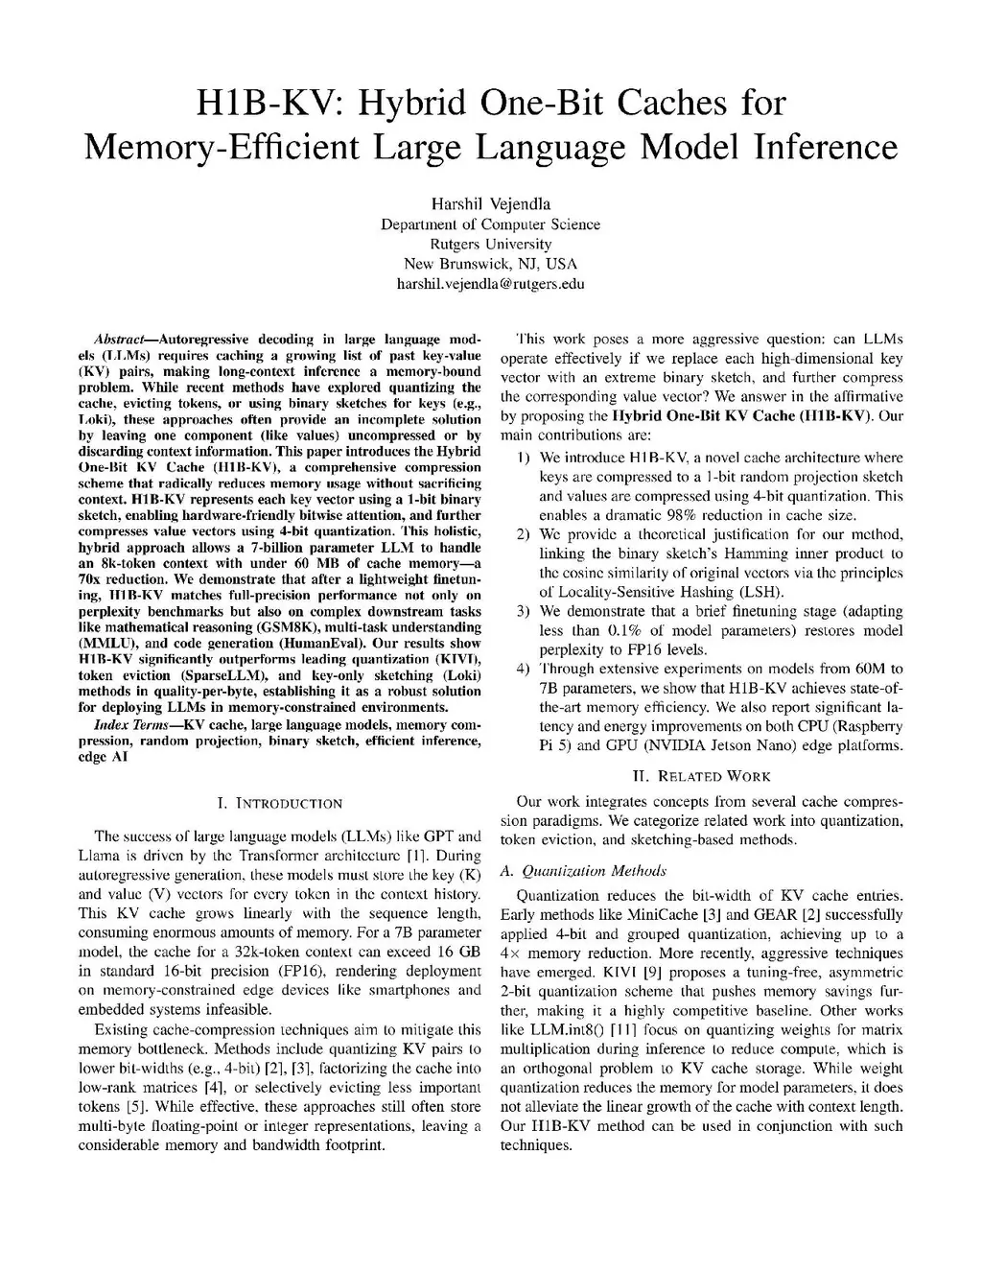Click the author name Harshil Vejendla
click(490, 203)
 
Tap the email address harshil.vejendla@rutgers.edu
click(490, 284)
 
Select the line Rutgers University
click(490, 244)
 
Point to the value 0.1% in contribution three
click(624, 630)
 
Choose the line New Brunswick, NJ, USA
click(490, 264)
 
